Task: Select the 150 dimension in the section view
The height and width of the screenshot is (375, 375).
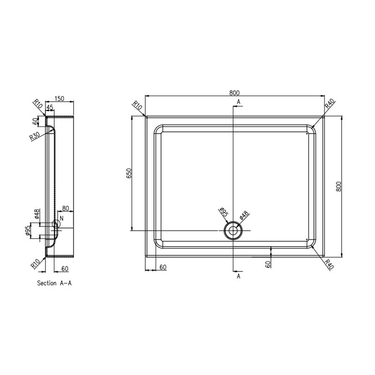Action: pos(60,99)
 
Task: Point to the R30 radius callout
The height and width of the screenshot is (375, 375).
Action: pos(34,136)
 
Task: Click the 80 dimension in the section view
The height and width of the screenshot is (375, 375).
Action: pos(65,208)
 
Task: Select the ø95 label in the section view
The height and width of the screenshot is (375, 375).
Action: pos(29,232)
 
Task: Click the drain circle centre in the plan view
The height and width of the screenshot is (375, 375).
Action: pos(232,230)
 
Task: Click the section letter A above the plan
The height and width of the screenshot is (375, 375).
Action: pos(239,101)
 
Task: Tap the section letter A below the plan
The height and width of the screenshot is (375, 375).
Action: pos(239,277)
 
